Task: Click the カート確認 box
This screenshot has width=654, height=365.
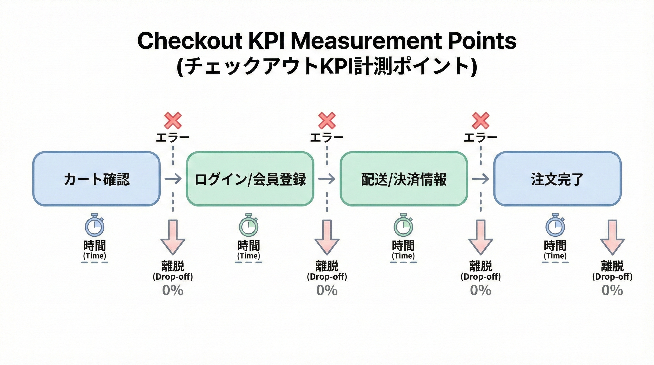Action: coord(96,179)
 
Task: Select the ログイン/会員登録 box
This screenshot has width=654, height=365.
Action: coord(250,179)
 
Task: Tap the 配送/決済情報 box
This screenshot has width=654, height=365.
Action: coord(404,179)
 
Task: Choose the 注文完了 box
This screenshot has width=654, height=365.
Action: coord(557,179)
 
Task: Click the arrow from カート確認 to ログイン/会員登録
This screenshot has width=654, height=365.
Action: coord(173,179)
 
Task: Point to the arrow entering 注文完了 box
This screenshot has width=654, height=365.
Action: coord(480,179)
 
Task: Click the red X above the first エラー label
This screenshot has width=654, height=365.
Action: coord(173,120)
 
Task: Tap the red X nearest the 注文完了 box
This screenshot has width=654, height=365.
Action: coord(480,120)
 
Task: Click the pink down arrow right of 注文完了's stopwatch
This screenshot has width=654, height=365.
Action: coord(612,237)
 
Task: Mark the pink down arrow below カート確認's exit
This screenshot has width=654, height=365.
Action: coord(173,237)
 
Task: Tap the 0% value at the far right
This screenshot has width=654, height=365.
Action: coord(612,290)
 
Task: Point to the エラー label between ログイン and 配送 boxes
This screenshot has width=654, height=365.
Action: coord(327,138)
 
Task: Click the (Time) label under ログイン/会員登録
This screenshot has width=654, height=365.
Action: coord(249,256)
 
